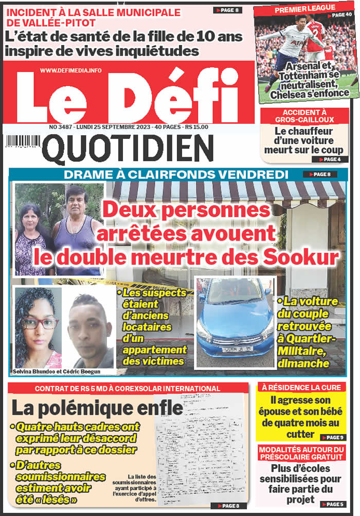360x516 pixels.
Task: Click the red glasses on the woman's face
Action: pyautogui.click(x=40, y=323)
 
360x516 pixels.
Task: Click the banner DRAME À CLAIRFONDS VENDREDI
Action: pyautogui.click(x=176, y=175)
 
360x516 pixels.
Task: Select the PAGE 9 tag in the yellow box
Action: pyautogui.click(x=333, y=437)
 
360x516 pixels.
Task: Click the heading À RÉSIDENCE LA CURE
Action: pyautogui.click(x=301, y=387)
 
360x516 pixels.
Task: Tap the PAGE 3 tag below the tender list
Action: pyautogui.click(x=229, y=506)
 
